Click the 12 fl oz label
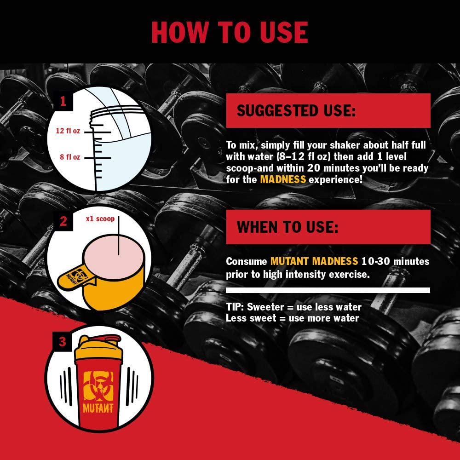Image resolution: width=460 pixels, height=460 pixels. (68, 131)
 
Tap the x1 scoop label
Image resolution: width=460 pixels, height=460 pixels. (100, 219)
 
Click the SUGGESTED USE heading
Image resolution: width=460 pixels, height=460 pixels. (296, 110)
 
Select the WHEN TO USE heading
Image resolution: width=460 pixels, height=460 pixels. (287, 227)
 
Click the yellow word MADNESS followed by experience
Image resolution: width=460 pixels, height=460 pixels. (283, 179)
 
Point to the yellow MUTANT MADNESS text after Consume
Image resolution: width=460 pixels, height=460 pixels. (314, 261)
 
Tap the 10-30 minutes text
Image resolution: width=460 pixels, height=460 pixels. (395, 261)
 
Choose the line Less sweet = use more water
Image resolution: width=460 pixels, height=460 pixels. (293, 318)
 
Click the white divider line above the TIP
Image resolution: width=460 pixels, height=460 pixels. (328, 290)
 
